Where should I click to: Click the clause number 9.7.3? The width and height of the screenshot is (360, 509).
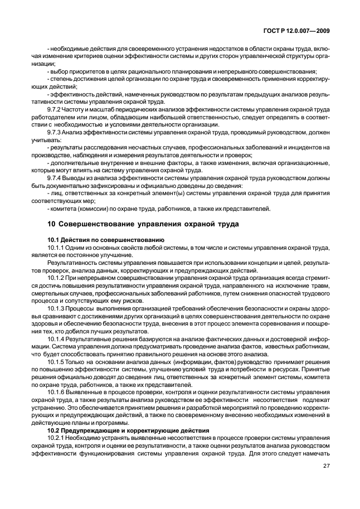(x=55, y=133)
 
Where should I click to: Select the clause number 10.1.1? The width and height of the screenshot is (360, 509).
(x=56, y=246)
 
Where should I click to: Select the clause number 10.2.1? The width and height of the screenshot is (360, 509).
(x=56, y=439)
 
